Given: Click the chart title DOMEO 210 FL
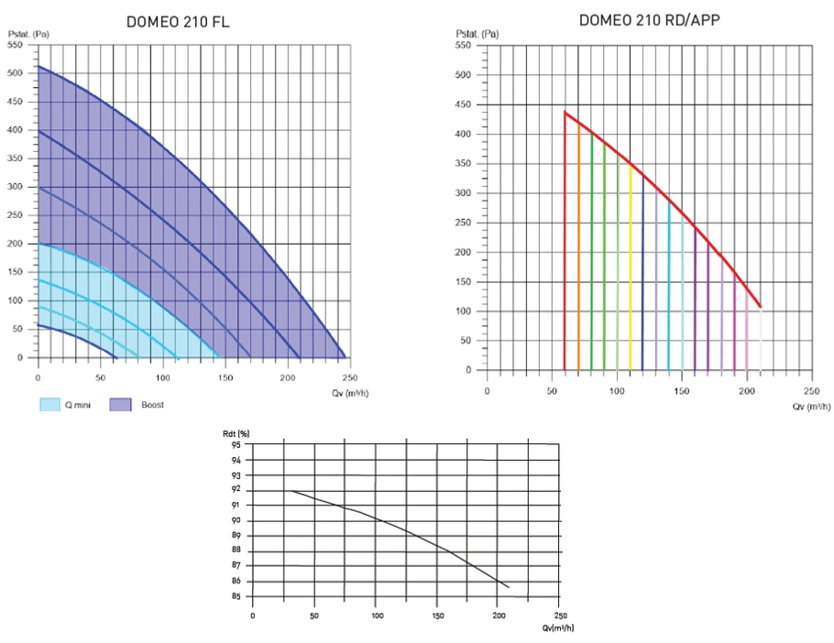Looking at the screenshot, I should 178,22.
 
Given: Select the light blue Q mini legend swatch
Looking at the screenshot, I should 49,404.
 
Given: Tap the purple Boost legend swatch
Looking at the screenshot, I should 120,404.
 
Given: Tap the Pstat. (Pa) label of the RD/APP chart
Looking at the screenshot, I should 477,34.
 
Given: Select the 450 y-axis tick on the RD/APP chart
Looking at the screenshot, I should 463,104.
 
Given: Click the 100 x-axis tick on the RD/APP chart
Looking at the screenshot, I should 617,390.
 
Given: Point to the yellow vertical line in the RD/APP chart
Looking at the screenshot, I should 631,266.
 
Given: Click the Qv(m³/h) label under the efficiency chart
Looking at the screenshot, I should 558,627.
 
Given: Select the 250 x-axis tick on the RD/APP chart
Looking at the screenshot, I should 810,390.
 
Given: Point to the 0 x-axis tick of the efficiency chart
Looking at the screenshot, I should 253,616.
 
